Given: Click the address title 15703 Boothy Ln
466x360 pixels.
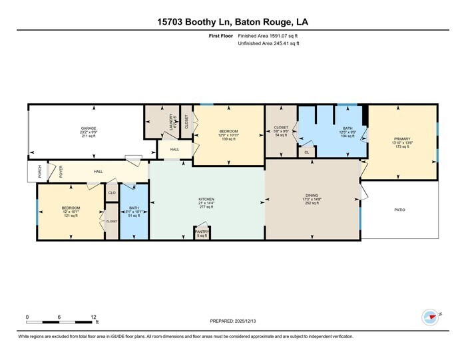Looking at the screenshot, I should click(232, 23).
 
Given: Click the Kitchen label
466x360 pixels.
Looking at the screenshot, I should click(206, 200).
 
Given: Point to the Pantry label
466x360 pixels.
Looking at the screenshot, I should click(201, 232).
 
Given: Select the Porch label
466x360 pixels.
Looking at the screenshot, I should click(40, 171).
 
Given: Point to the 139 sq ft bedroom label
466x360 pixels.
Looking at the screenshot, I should click(228, 131).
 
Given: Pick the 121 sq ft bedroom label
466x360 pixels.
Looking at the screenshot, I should click(71, 208).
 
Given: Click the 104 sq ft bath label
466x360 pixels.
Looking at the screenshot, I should click(348, 128).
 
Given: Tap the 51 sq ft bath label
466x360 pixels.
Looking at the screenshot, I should click(134, 208).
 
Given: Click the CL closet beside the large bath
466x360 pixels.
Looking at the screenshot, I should click(306, 152).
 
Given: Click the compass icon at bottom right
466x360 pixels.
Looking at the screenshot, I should click(430, 316).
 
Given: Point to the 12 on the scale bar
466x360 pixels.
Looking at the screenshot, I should click(93, 317).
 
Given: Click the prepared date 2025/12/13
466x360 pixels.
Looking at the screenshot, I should click(232, 321).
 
